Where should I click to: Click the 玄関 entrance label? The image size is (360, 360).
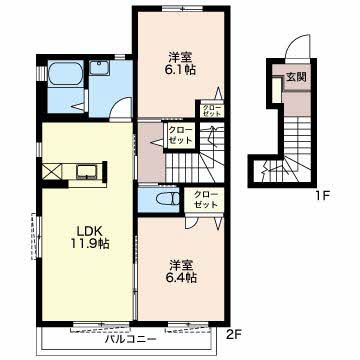click(296, 77)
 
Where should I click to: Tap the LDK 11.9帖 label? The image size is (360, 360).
click(89, 237)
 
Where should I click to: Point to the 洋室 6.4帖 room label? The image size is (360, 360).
click(182, 271)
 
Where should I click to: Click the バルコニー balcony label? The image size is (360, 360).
click(131, 339)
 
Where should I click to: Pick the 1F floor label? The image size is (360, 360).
click(321, 195)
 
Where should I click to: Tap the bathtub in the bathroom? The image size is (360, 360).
click(66, 73)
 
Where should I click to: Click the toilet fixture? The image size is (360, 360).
click(168, 200)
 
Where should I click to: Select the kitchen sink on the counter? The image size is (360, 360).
click(87, 172)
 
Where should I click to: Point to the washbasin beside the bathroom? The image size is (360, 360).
click(99, 68)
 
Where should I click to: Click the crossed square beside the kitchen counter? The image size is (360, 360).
click(52, 172)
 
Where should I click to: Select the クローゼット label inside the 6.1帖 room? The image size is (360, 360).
click(212, 110)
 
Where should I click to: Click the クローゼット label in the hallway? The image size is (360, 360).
click(180, 135)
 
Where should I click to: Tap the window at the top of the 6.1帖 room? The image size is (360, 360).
click(182, 8)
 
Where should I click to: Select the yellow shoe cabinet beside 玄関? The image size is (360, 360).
click(277, 90)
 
